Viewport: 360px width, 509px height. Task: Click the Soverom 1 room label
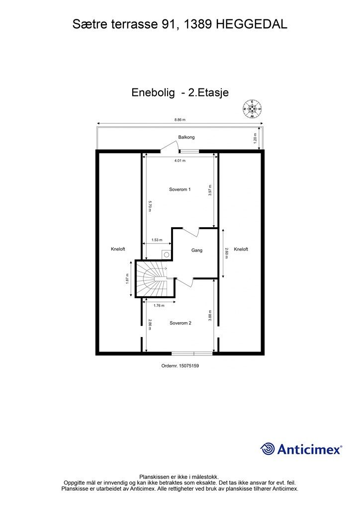(x=180, y=189)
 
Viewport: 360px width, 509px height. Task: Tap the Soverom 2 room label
(x=180, y=323)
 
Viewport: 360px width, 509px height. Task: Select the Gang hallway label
(x=197, y=251)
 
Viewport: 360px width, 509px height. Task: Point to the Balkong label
(x=186, y=137)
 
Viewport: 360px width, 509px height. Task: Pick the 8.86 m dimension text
(x=180, y=119)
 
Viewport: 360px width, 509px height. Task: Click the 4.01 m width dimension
(x=180, y=161)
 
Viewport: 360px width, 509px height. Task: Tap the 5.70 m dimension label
(x=149, y=206)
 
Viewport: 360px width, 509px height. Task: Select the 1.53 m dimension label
(x=157, y=240)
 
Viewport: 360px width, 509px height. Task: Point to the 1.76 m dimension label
(x=159, y=305)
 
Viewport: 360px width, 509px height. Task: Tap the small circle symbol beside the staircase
(x=166, y=254)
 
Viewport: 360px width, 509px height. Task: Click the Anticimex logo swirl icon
(x=268, y=449)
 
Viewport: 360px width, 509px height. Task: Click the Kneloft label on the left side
(x=118, y=250)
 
